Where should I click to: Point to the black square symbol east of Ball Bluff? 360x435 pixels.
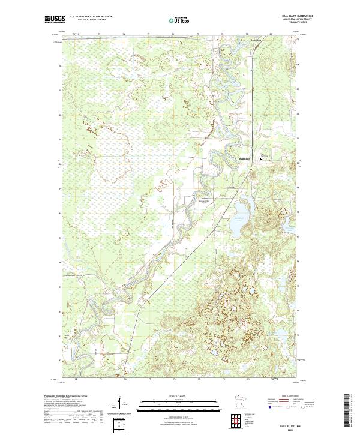tap(261, 158)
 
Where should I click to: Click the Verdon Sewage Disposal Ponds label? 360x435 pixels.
tap(206, 202)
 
